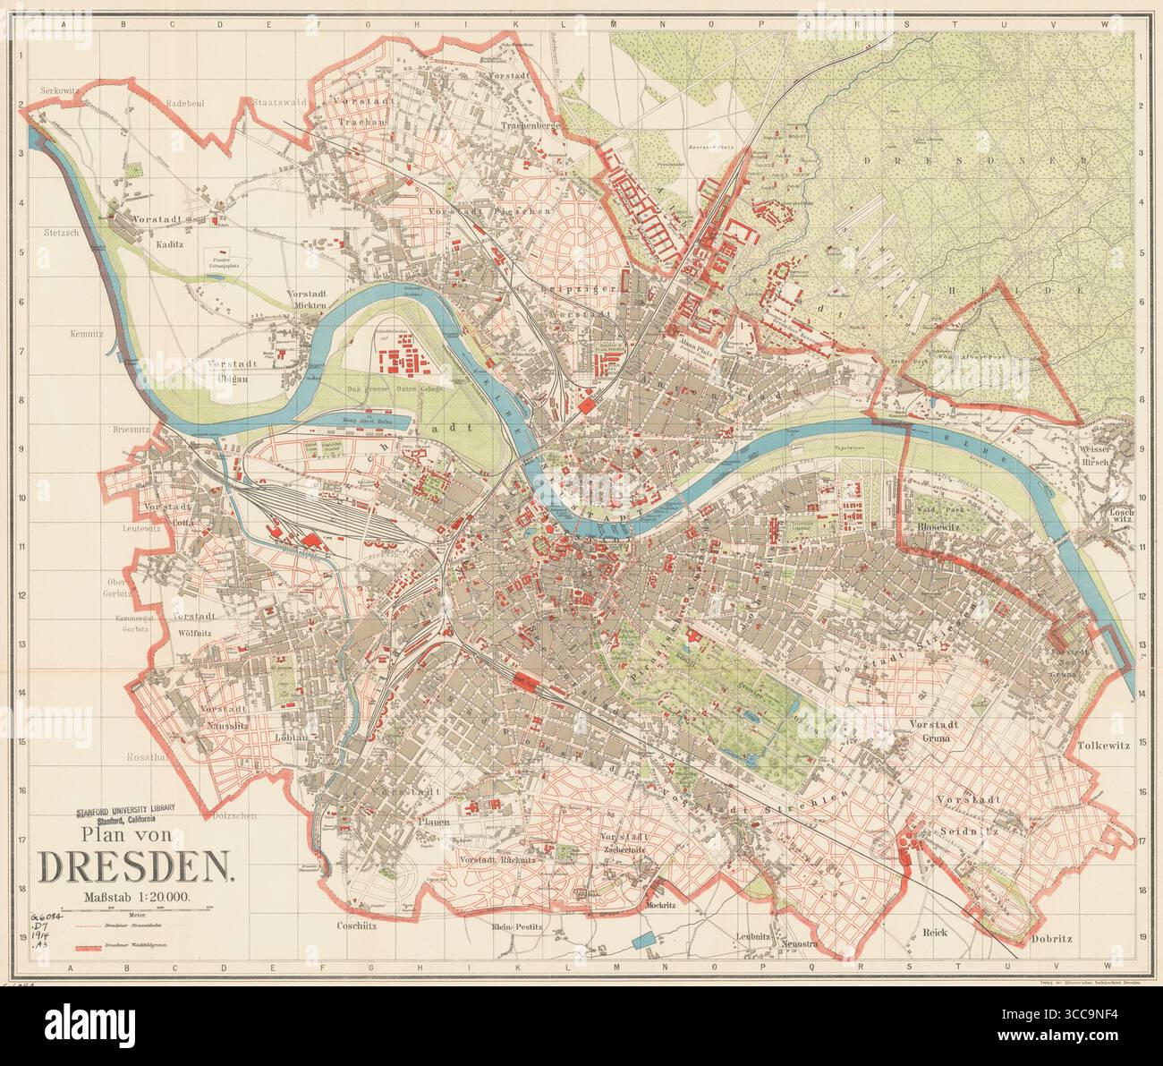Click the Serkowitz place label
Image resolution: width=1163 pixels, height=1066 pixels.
click(61, 90)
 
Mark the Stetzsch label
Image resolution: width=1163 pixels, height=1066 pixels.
click(61, 232)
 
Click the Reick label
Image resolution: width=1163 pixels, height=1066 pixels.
click(934, 931)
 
